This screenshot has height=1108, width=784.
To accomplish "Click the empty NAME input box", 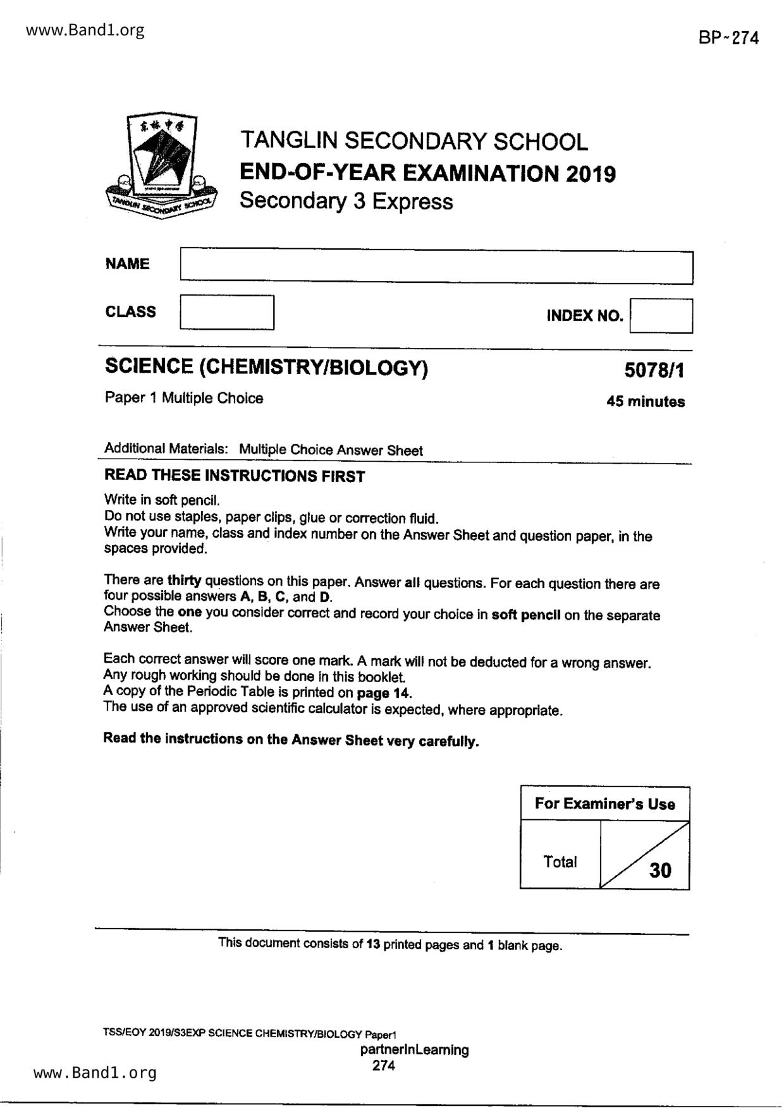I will [x=436, y=267].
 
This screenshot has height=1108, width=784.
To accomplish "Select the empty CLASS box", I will [x=227, y=312].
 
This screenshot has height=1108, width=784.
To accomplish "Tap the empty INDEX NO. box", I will [x=661, y=316].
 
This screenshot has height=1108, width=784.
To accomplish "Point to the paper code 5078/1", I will [x=654, y=370].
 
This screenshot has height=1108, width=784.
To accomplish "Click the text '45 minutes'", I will [x=645, y=402].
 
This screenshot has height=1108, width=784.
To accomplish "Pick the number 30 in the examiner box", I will [x=660, y=870].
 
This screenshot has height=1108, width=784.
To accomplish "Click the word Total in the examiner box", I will [x=560, y=862].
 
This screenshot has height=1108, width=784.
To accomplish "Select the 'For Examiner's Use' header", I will [x=604, y=804].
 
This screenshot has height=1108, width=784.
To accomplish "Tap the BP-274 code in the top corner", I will [x=728, y=38].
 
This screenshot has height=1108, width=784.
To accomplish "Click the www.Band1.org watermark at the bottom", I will [x=95, y=1073].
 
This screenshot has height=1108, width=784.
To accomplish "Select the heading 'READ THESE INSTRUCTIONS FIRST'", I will [x=235, y=476].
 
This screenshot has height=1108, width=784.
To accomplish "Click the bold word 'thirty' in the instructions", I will [x=183, y=581].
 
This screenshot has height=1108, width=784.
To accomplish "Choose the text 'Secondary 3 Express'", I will [x=346, y=201].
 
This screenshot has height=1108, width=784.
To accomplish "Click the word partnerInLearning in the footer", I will [x=414, y=1050].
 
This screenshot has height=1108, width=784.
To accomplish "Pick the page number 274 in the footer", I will [x=384, y=1066].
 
